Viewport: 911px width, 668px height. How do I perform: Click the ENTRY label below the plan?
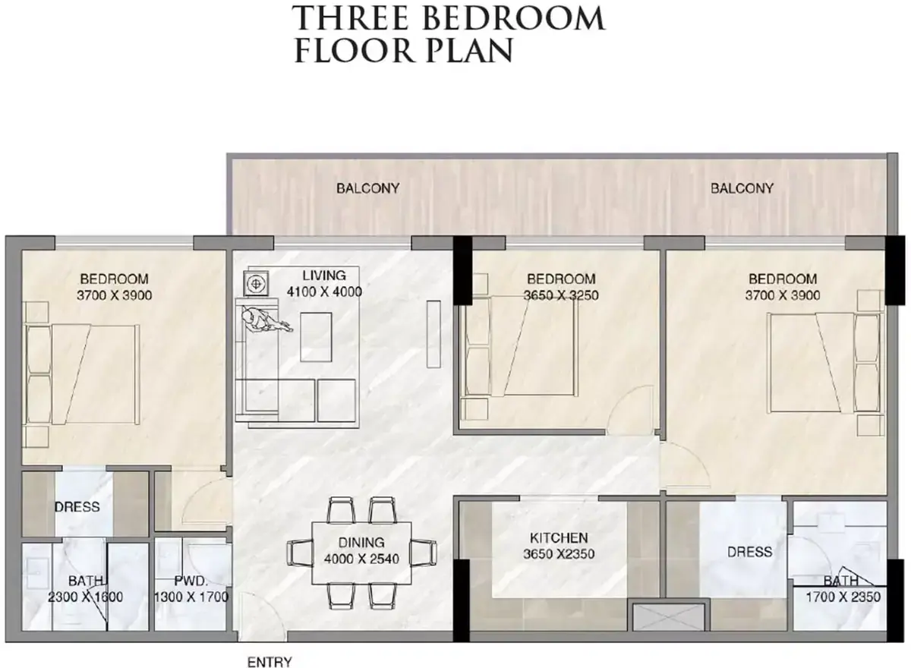tap(270, 661)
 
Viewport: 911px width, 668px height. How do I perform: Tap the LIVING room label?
tap(324, 276)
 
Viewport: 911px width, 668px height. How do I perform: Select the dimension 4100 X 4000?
tap(324, 292)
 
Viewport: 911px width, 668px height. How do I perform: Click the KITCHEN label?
tap(559, 538)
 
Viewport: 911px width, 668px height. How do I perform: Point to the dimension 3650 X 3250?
tap(561, 295)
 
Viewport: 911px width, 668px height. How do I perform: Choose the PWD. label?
tap(191, 581)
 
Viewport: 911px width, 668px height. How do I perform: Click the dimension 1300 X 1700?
tap(191, 597)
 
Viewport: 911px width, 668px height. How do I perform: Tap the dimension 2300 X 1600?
tap(85, 597)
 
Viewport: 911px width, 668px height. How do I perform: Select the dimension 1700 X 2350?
tap(843, 597)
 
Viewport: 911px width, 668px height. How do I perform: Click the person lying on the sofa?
tap(264, 321)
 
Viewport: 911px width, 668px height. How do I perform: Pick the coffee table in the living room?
tap(316, 337)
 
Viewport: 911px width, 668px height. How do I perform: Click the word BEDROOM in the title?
tap(514, 18)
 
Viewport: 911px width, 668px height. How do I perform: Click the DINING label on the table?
tap(361, 542)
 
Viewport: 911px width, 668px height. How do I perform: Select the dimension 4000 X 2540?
tap(361, 559)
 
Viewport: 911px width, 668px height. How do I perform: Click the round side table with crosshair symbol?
tap(256, 283)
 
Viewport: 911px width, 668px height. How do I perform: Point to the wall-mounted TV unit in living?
tap(434, 334)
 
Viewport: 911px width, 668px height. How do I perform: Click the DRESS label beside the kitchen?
tap(749, 552)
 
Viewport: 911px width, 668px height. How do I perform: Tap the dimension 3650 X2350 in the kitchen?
tap(559, 554)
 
